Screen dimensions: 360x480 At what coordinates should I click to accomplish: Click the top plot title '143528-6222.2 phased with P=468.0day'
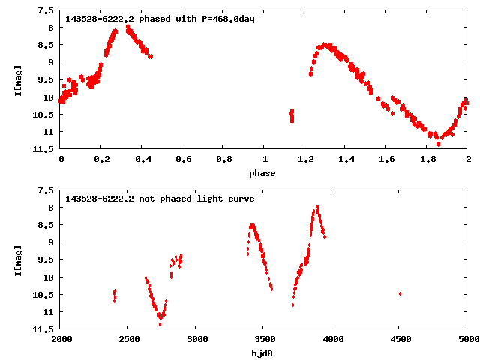tap(160, 19)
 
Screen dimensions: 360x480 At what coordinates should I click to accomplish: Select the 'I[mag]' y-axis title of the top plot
tap(18, 81)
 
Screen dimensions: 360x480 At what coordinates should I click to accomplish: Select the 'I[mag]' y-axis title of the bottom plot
tap(18, 259)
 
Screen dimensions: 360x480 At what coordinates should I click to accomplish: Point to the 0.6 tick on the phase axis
tap(182, 160)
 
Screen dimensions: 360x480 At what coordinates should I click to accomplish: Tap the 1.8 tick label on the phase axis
tap(427, 160)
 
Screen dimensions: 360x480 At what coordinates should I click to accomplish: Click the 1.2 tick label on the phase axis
tap(304, 160)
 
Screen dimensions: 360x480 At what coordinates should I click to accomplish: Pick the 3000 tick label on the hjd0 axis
tap(196, 339)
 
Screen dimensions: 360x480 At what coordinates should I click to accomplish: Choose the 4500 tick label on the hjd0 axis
tap(400, 339)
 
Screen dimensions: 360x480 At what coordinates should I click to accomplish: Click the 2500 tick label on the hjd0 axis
tap(127, 339)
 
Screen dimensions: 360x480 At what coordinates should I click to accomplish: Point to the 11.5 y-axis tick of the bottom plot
tap(43, 329)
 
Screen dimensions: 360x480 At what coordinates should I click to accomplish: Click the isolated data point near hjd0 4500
tap(400, 293)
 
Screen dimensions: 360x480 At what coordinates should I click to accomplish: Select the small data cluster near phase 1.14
tap(292, 115)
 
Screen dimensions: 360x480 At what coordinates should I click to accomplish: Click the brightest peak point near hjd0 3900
tap(318, 206)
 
